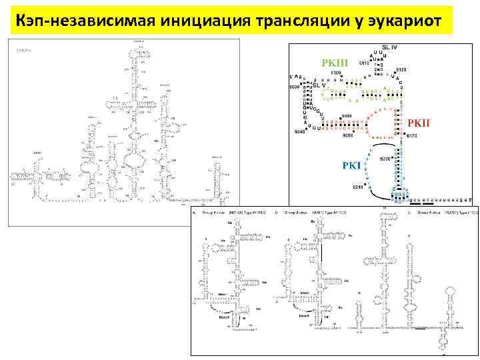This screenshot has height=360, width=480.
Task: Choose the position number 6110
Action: click(x=364, y=63)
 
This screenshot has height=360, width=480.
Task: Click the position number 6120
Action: click(x=401, y=69)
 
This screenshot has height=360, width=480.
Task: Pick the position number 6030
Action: click(x=294, y=87)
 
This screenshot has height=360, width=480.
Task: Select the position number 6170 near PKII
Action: click(x=411, y=136)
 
